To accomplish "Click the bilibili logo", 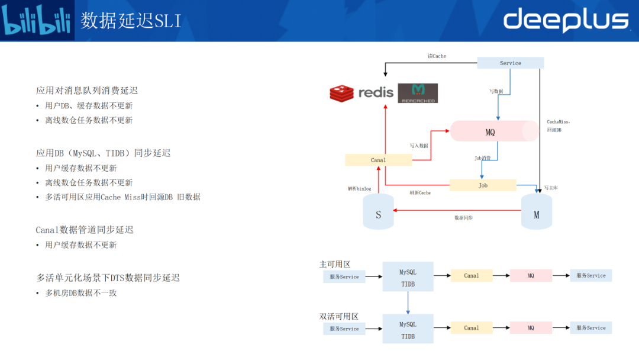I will click(37, 21).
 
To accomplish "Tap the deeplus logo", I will click(566, 20).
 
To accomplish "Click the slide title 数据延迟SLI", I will click(131, 21).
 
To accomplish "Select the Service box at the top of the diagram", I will click(510, 63).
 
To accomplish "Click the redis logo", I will click(361, 93).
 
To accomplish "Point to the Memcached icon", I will click(418, 94).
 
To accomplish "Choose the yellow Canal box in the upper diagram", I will click(378, 160).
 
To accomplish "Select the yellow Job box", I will click(483, 185).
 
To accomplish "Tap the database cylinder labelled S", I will click(379, 212).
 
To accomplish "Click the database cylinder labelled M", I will click(536, 212).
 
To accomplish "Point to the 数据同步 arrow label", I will click(463, 218).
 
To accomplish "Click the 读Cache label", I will click(437, 56).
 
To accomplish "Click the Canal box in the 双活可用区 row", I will click(472, 328).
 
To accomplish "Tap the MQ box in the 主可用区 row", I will click(531, 276).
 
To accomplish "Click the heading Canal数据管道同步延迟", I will click(85, 230).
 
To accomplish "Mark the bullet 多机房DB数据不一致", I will click(80, 292).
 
